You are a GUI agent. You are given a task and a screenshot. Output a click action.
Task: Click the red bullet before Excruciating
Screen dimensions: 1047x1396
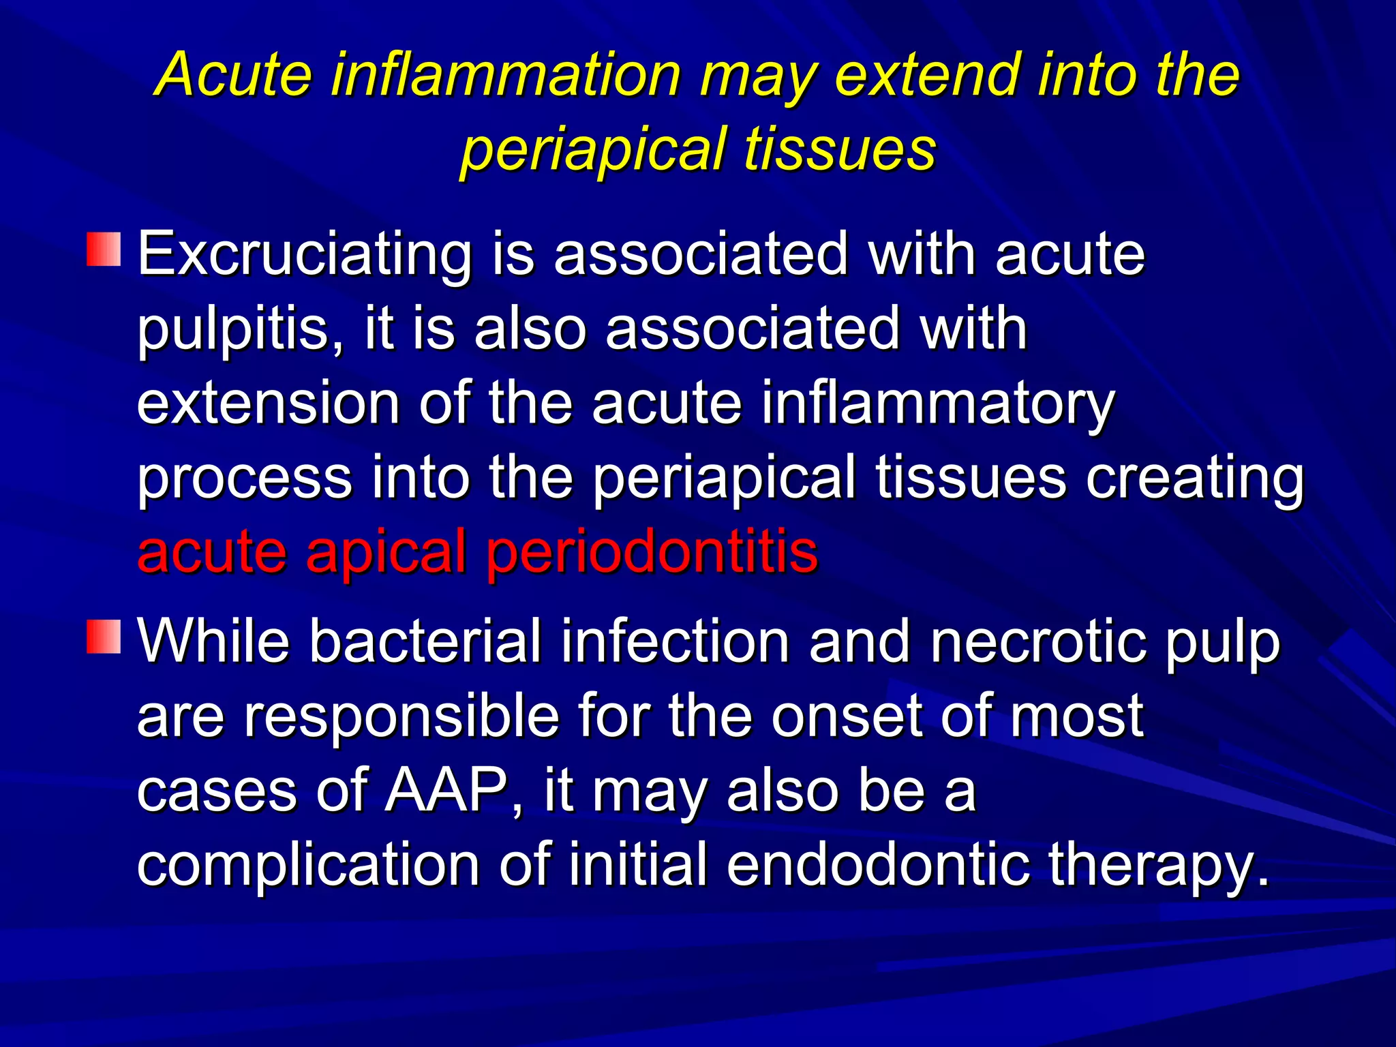coord(104,249)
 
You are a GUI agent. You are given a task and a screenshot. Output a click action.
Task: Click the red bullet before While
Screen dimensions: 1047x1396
coord(104,636)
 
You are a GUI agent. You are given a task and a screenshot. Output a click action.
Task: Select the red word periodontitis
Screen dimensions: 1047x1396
coord(651,551)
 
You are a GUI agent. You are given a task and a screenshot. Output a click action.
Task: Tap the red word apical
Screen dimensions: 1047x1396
coord(385,551)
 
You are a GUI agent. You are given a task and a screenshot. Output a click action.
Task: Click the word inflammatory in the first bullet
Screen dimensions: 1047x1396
coord(937,404)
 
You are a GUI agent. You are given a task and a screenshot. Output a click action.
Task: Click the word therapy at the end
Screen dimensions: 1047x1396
coord(1159,866)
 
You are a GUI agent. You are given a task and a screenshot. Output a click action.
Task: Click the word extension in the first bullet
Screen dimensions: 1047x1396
coord(268,404)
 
